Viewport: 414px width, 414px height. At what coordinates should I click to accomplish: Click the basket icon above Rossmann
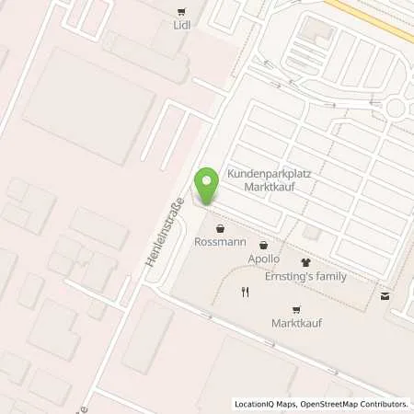tap(219, 229)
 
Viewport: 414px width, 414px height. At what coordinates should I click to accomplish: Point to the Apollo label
tap(263, 259)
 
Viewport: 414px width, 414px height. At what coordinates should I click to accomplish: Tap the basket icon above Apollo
tap(264, 246)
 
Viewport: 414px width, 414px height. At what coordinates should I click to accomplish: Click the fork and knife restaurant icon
tap(245, 293)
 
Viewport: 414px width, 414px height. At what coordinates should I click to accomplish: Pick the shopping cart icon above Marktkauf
tap(296, 310)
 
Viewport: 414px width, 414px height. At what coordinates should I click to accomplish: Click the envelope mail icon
tap(385, 295)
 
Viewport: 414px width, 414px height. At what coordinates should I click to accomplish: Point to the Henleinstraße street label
tap(166, 234)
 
